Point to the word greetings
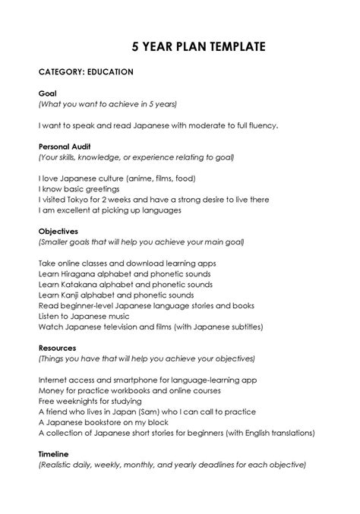pos(99,189)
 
